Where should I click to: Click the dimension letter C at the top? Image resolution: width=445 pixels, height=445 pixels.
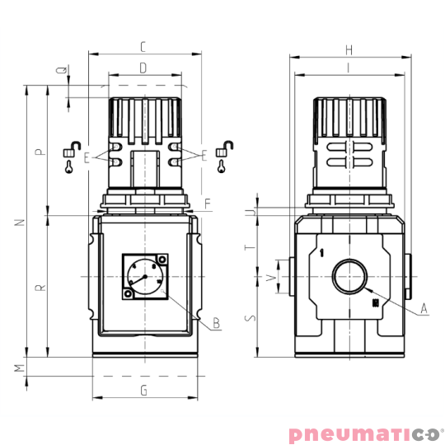[x=143, y=46]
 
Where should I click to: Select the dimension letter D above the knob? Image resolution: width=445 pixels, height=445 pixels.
[x=143, y=68]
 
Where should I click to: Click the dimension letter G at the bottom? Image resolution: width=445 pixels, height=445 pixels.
[x=143, y=390]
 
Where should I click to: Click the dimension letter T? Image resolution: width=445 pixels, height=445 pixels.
[x=253, y=246]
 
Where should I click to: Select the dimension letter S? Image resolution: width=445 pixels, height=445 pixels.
[x=253, y=316]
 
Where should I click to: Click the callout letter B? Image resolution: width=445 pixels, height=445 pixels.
[x=216, y=323]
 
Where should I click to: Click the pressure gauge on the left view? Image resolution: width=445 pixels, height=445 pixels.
[x=144, y=278]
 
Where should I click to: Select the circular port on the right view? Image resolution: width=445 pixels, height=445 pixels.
[x=349, y=277]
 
